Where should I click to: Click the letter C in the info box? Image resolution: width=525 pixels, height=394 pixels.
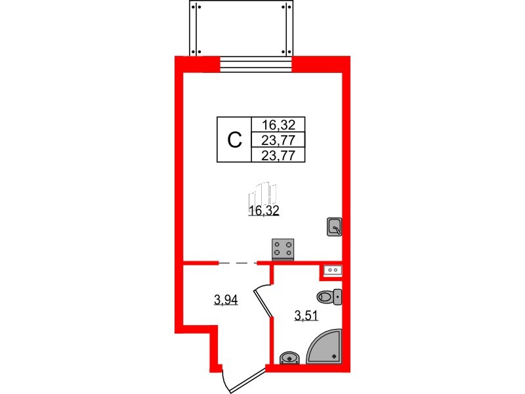click(x=234, y=140)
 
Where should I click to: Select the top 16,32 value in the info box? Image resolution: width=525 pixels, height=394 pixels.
click(x=278, y=125)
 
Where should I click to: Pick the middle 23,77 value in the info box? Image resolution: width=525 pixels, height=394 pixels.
click(x=278, y=140)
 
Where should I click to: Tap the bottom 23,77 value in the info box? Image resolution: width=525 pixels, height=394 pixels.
click(x=278, y=155)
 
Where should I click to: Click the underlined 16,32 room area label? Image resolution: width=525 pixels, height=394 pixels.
click(x=264, y=211)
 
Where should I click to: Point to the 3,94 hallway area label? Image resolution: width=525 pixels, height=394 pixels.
click(x=226, y=300)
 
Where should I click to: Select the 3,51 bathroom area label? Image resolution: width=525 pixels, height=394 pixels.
click(x=306, y=315)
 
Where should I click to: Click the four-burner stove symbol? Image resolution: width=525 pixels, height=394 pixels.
click(x=283, y=250)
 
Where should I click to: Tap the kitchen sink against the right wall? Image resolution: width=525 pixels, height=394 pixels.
click(x=334, y=227)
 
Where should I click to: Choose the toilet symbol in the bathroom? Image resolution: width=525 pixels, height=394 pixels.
click(x=329, y=297)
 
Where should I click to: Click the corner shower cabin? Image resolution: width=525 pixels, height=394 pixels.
click(x=325, y=346)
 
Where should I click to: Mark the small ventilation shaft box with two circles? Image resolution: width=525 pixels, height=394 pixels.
click(x=333, y=270)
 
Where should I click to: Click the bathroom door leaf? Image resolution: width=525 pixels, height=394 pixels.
click(x=263, y=303)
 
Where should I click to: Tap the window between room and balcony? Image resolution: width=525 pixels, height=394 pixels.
click(x=256, y=64)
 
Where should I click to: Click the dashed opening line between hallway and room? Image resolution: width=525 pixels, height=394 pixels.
click(x=238, y=263)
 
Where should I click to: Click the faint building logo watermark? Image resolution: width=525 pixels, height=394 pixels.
click(x=262, y=194)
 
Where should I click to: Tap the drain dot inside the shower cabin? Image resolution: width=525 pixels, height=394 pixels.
click(x=334, y=357)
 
